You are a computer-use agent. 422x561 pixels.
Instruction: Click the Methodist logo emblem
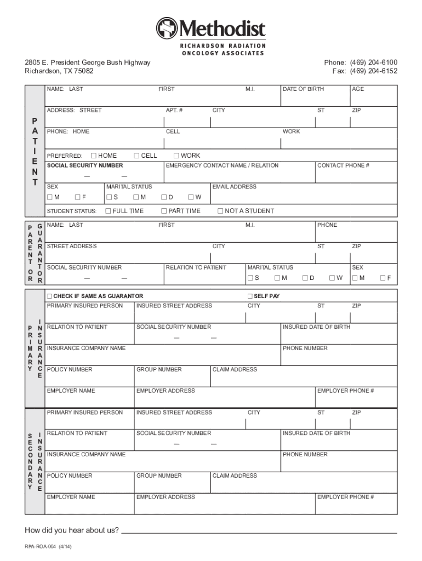[167, 28]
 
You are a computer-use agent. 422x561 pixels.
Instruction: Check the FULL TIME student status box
[109, 211]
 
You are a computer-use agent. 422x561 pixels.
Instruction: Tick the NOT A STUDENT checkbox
[220, 211]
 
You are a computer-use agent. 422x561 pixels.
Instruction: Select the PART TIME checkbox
[164, 211]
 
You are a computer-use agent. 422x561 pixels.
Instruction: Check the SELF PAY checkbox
[250, 296]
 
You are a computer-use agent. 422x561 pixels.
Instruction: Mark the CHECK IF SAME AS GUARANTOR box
[50, 296]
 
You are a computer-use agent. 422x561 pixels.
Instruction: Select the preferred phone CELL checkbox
[136, 156]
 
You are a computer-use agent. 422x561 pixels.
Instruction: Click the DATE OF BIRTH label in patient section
[303, 89]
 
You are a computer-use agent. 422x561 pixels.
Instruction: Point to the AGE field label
[358, 89]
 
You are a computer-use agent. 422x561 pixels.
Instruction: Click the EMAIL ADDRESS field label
[234, 187]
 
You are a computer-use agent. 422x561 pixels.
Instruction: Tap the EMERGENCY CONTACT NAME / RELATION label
[222, 165]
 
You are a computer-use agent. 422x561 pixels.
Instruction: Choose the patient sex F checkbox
[78, 197]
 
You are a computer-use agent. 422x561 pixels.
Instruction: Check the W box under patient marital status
[190, 197]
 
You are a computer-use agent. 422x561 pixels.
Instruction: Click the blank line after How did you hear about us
[259, 531]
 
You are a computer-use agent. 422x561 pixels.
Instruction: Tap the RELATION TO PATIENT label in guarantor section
[196, 267]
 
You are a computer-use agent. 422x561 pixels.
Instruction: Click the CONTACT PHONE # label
[344, 165]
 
